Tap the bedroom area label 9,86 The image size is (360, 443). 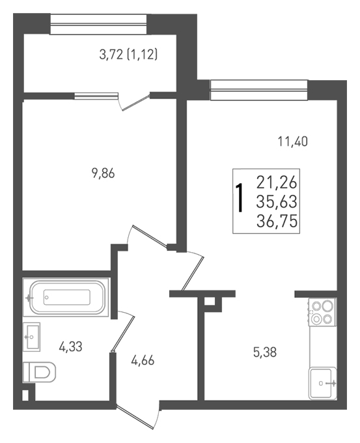[x=103, y=173]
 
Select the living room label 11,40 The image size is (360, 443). [x=293, y=141]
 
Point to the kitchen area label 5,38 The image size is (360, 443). [x=265, y=352]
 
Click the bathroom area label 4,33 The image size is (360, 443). [x=70, y=347]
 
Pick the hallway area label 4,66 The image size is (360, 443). [x=143, y=360]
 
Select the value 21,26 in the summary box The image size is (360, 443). [x=277, y=182]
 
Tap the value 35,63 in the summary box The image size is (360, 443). [x=277, y=202]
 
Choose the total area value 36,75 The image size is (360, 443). [x=277, y=221]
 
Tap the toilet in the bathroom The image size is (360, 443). [x=40, y=372]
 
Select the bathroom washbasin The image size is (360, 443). [x=31, y=337]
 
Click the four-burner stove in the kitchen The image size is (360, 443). [x=323, y=312]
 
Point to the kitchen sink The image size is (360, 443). [x=323, y=383]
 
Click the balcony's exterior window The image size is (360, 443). [x=98, y=24]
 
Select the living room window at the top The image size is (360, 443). [x=259, y=90]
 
